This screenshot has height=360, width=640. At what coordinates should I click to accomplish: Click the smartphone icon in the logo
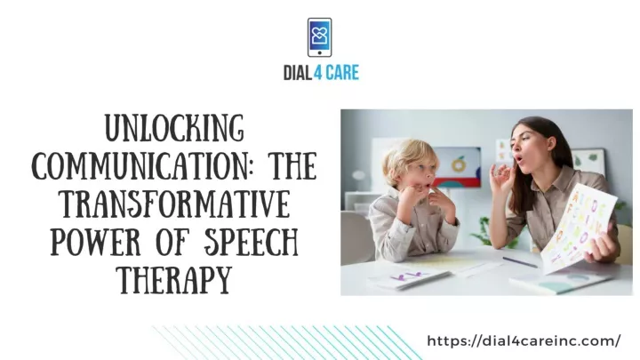click(320, 37)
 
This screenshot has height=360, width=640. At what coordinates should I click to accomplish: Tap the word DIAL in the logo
click(298, 73)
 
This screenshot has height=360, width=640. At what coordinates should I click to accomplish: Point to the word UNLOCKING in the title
click(175, 128)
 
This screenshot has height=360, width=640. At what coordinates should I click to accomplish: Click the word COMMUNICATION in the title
click(140, 165)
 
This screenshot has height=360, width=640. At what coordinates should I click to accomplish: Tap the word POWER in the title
click(95, 242)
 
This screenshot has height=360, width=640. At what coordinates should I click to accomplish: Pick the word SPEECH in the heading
click(251, 242)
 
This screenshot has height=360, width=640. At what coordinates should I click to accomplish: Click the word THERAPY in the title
click(175, 280)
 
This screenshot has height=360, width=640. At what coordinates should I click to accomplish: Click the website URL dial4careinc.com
click(524, 340)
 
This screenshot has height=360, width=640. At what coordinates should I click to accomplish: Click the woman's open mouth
click(517, 158)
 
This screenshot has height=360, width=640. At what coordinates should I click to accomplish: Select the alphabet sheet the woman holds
click(578, 228)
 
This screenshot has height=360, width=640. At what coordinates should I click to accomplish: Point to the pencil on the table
click(520, 262)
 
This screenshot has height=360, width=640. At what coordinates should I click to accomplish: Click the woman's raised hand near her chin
click(502, 179)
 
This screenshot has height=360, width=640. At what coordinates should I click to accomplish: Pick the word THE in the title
click(292, 165)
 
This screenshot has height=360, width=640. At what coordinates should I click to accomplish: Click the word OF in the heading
click(172, 242)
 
